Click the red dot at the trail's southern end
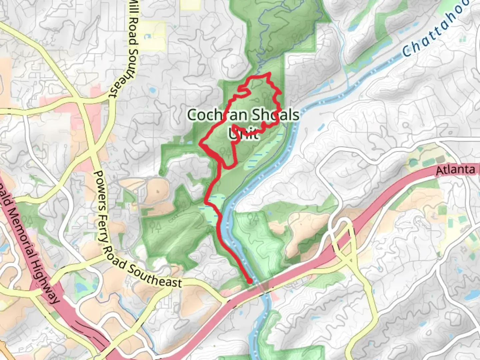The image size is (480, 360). coord(250,281)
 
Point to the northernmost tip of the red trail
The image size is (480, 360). coord(269,73)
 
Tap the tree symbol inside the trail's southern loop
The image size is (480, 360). coord(225,152)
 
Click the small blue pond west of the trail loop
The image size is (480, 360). coord(152,90)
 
